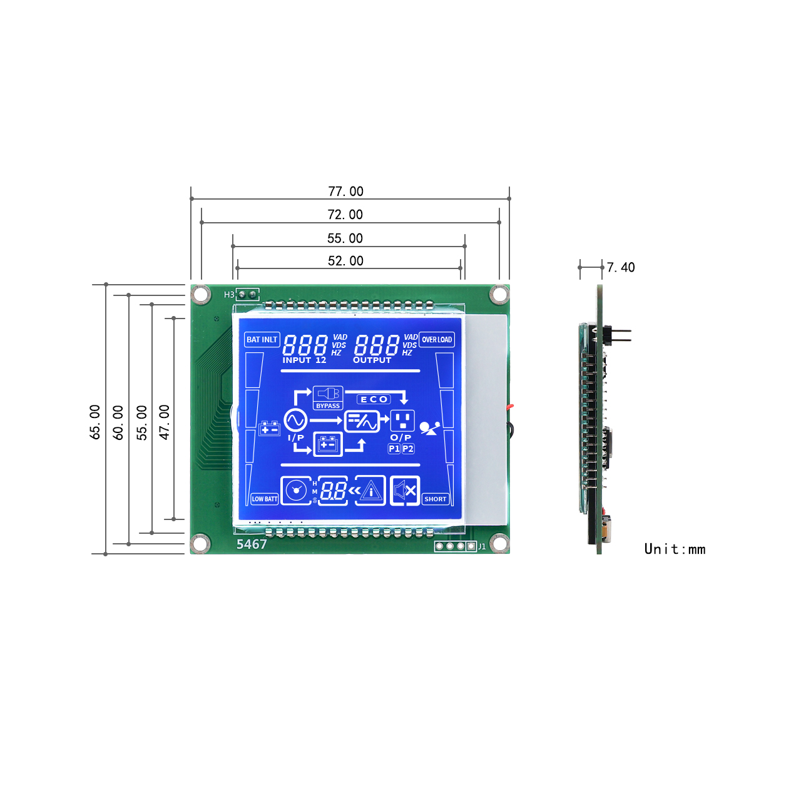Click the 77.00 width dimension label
click(x=345, y=191)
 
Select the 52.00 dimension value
click(x=345, y=260)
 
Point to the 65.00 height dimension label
click(x=95, y=422)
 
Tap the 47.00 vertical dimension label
click(x=165, y=422)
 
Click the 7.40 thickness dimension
click(x=621, y=267)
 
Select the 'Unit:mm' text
click(x=674, y=549)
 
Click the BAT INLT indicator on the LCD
click(x=262, y=340)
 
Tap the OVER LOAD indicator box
click(x=436, y=340)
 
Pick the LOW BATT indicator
click(x=264, y=499)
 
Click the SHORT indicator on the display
click(x=435, y=499)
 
